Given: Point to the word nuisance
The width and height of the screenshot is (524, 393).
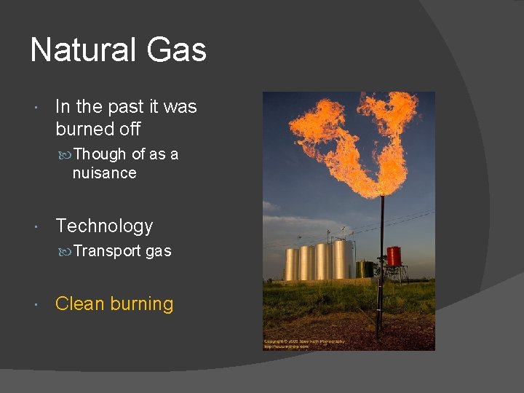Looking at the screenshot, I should tap(104, 173).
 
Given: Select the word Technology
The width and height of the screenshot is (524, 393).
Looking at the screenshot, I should tap(104, 226).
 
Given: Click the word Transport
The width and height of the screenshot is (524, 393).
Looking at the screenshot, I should tap(108, 251).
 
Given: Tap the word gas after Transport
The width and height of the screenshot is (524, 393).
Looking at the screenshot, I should tap(159, 252).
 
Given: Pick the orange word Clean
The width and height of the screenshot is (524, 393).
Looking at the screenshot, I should tap(79, 304).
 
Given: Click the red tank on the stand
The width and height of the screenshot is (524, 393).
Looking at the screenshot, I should tap(394, 256).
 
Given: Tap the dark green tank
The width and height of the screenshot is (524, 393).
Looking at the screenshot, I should tap(364, 269).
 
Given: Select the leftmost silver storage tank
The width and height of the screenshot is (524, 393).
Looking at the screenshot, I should tap(291, 264).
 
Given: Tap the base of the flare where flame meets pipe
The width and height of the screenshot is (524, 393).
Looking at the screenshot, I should tap(380, 195).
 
